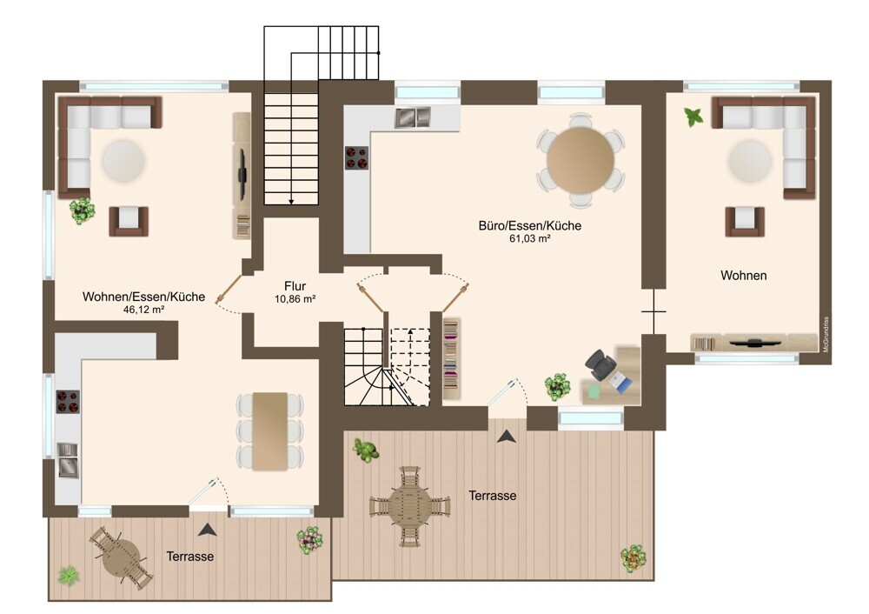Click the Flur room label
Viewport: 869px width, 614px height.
click(x=295, y=286)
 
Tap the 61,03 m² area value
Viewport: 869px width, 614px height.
click(x=530, y=239)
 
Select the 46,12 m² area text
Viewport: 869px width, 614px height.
click(x=143, y=310)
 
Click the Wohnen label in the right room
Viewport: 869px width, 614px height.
click(x=744, y=276)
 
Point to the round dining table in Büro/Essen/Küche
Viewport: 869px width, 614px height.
click(x=580, y=160)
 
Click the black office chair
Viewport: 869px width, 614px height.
click(x=600, y=364)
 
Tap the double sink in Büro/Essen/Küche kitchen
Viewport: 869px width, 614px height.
click(x=413, y=117)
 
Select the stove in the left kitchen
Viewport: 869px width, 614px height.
click(x=68, y=402)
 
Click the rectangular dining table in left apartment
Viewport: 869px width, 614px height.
click(x=270, y=431)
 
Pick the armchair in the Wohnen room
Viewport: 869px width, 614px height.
click(x=745, y=221)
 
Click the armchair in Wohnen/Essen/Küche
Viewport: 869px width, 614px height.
click(x=129, y=221)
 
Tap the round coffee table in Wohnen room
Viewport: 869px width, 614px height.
click(x=750, y=162)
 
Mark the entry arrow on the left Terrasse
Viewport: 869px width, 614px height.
click(x=208, y=530)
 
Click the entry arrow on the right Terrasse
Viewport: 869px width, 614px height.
click(x=507, y=437)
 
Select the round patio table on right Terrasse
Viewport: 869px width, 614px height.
click(x=409, y=506)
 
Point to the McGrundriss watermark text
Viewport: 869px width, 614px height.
click(x=826, y=335)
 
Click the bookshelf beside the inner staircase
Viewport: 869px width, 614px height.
click(x=451, y=359)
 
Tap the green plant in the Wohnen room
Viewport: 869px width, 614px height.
click(x=693, y=117)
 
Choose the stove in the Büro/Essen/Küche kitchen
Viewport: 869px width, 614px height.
click(x=357, y=157)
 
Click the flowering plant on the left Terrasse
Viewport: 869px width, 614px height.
click(x=310, y=540)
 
